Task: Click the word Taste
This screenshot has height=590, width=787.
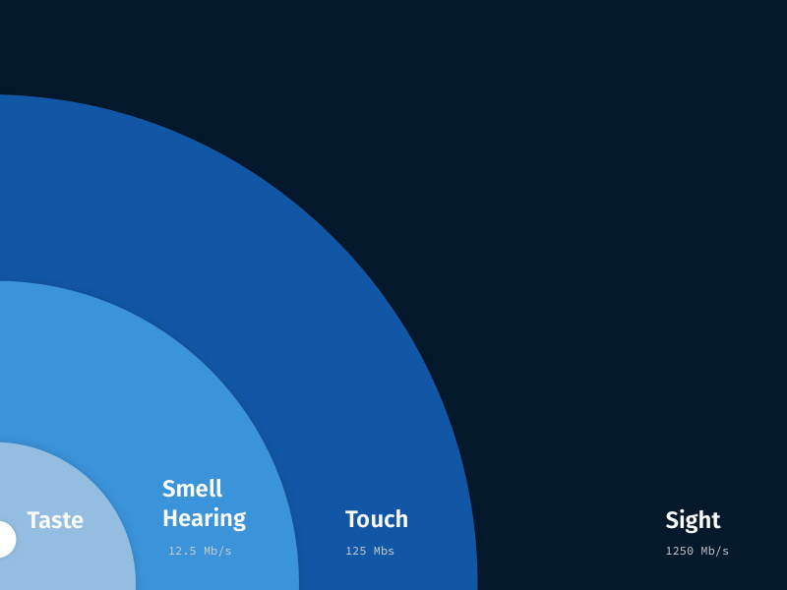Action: [55, 520]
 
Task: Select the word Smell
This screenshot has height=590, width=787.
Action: [193, 489]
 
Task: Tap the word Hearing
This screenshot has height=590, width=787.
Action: [204, 518]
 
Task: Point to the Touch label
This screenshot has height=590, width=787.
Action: [376, 519]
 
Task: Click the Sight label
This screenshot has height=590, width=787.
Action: [693, 520]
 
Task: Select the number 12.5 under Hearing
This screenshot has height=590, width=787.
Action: [182, 551]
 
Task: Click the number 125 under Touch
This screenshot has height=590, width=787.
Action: [355, 551]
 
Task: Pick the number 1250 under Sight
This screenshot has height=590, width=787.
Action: [680, 551]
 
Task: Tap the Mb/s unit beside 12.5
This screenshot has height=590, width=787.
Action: [217, 551]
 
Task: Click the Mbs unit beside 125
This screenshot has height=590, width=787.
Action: [383, 551]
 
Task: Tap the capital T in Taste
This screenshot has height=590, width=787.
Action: [33, 520]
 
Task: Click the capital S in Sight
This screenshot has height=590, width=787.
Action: [673, 520]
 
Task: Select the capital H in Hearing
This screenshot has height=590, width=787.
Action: [170, 518]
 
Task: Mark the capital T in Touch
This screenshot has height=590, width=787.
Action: [351, 519]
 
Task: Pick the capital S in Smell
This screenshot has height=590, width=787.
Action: [169, 489]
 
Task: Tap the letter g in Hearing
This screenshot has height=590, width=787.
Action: [238, 521]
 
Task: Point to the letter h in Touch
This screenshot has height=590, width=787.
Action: [401, 519]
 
